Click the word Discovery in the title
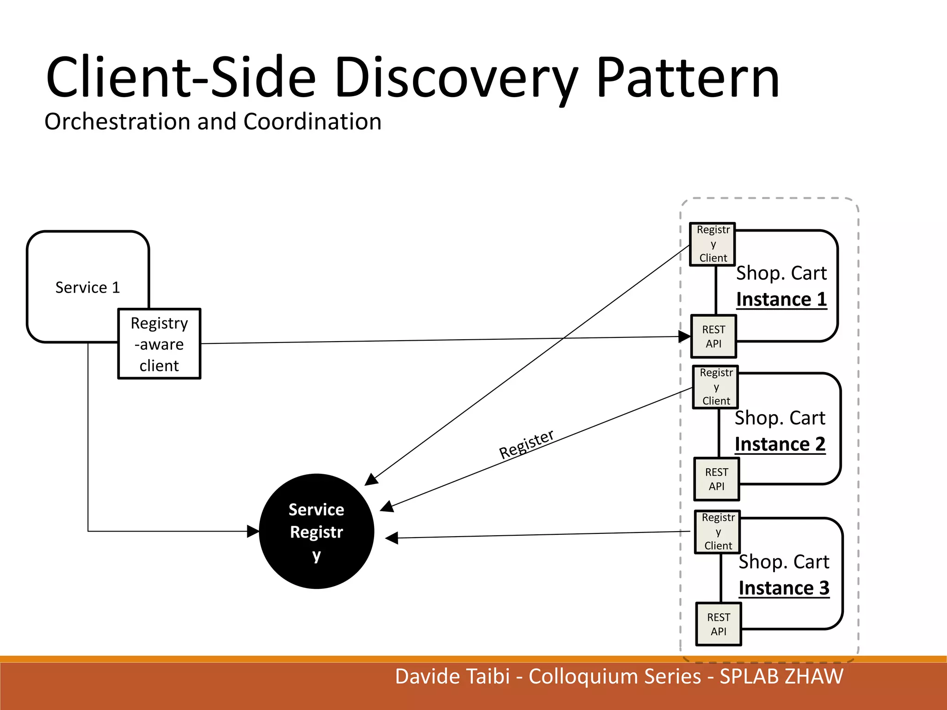click(x=455, y=79)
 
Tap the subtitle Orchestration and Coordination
click(x=213, y=122)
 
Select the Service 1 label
click(x=87, y=288)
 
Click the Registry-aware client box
click(x=159, y=344)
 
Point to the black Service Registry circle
click(x=316, y=532)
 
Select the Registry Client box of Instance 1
click(x=713, y=244)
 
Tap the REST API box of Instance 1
click(x=713, y=337)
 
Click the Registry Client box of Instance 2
click(x=716, y=387)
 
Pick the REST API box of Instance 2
click(x=716, y=479)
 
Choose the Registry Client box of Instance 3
click(x=718, y=532)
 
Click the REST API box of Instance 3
click(x=719, y=624)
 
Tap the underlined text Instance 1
click(x=781, y=300)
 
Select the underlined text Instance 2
click(x=780, y=444)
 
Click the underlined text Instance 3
click(x=784, y=588)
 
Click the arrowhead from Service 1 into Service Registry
click(x=253, y=532)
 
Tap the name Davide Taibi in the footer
click(x=452, y=677)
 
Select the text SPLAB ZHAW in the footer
click(x=781, y=677)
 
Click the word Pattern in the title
click(x=688, y=79)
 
